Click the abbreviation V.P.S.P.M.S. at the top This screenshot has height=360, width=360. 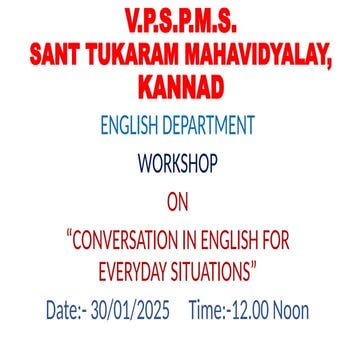(x=179, y=21)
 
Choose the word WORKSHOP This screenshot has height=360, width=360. (x=179, y=161)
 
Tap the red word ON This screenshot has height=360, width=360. (x=179, y=204)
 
